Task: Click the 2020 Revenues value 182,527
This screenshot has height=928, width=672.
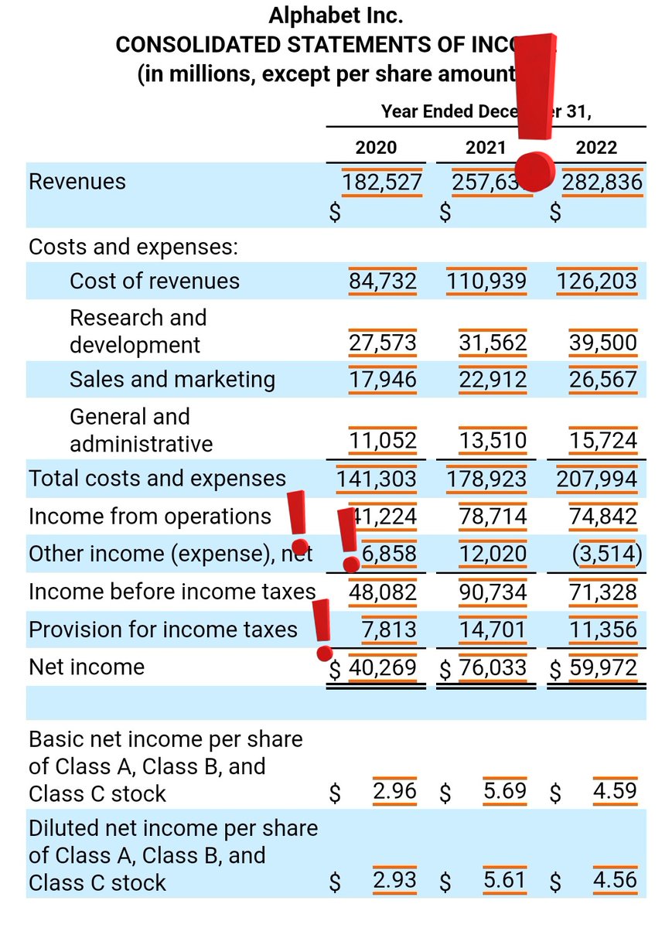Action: tap(382, 183)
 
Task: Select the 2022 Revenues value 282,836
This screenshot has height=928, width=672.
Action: tap(602, 183)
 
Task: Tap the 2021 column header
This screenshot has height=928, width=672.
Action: tap(486, 147)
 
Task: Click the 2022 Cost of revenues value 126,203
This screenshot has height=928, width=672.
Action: tap(596, 281)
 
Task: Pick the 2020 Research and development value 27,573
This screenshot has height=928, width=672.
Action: tap(382, 343)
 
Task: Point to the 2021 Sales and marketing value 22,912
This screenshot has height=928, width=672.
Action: tap(493, 380)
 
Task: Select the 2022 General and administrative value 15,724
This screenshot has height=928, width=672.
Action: tap(603, 442)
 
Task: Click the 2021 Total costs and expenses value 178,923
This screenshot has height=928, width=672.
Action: tap(486, 479)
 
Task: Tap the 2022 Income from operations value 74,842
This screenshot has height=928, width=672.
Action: tap(603, 516)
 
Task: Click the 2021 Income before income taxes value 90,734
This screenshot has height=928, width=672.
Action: tap(493, 592)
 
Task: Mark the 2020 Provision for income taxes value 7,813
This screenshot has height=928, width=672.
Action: tap(389, 629)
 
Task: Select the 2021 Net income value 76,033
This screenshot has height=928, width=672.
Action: tap(493, 667)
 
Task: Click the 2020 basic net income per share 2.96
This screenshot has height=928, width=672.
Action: tap(394, 791)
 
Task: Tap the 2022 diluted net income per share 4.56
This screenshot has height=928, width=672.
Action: tap(616, 880)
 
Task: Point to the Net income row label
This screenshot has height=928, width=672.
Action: tap(86, 667)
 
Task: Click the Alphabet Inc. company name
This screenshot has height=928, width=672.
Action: tap(336, 15)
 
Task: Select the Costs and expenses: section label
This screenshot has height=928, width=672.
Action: tap(132, 247)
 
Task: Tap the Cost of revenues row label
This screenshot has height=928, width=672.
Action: tap(155, 281)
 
